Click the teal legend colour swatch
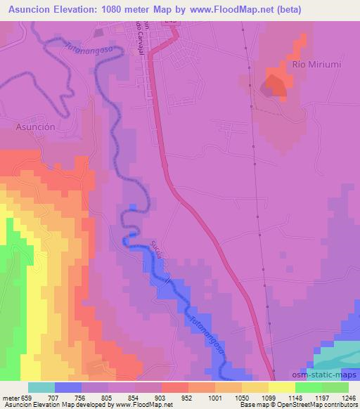click(41, 387)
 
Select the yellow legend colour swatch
click(281, 387)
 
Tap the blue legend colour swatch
click(68, 387)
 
